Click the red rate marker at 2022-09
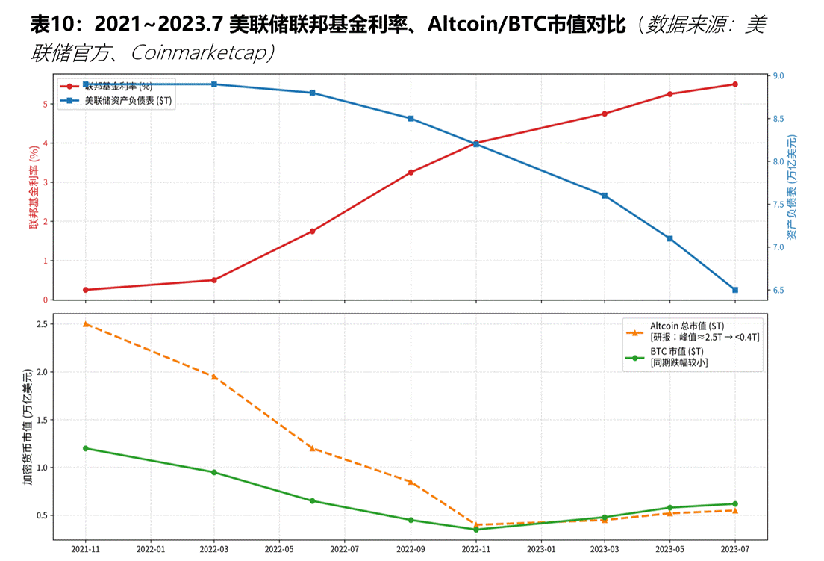pos(411,173)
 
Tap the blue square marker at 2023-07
pos(735,290)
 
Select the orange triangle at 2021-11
pos(86,324)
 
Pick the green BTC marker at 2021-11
pos(86,448)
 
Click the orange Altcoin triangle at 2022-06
pos(312,448)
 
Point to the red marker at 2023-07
pos(735,84)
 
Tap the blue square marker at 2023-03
pos(605,196)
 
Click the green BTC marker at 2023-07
pos(735,503)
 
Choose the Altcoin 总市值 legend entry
pos(687,326)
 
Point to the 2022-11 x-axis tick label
pos(475,548)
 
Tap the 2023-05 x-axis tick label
pos(669,548)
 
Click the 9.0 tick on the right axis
pos(778,76)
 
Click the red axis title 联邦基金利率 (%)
pos(34,187)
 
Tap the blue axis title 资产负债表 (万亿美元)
pos(793,187)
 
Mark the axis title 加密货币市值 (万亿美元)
pos(28,427)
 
